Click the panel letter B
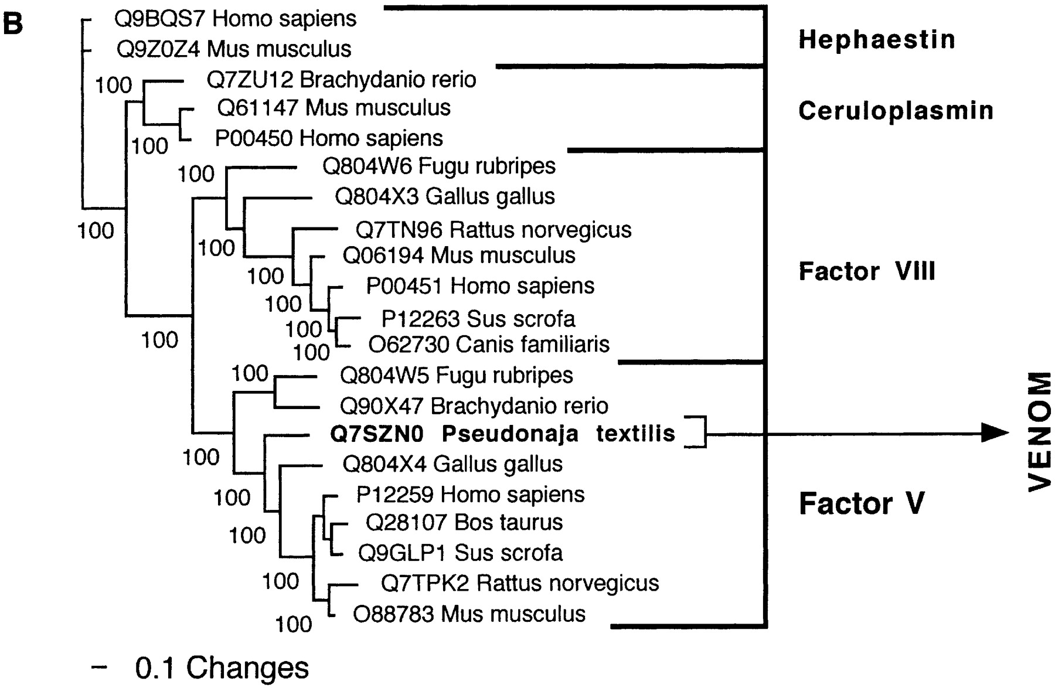(x=13, y=23)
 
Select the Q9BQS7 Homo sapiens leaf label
(x=235, y=19)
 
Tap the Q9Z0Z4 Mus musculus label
(x=234, y=49)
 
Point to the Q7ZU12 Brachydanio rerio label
(x=341, y=80)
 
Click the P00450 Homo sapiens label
(x=329, y=138)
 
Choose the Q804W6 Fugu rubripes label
(x=439, y=166)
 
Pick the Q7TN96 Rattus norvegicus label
(x=494, y=230)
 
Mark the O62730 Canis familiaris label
(x=489, y=345)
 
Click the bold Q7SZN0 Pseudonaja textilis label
(x=502, y=434)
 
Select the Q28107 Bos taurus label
(x=464, y=522)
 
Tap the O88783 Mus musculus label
(x=469, y=614)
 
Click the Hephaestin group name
(x=877, y=40)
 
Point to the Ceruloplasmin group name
(x=896, y=111)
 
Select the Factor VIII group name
(x=867, y=271)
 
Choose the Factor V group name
(x=862, y=503)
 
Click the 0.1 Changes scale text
(x=222, y=667)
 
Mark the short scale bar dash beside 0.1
(x=100, y=666)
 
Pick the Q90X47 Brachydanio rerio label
(x=474, y=406)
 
